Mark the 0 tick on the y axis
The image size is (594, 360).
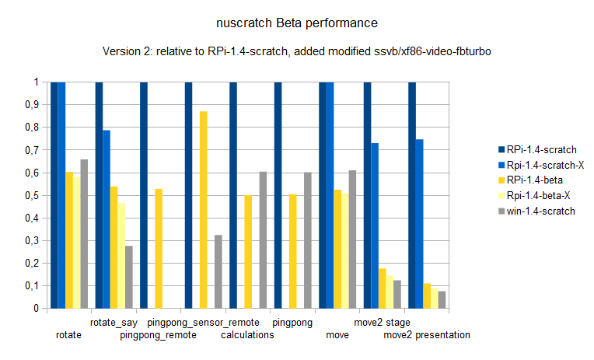(36, 308)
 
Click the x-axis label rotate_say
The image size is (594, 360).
(114, 322)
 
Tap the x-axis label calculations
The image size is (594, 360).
(247, 335)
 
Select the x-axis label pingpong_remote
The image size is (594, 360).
(158, 335)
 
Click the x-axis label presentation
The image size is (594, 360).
(442, 335)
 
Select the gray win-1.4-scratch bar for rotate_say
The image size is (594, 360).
(129, 277)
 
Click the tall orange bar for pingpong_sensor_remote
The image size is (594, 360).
(204, 209)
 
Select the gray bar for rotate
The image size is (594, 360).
(84, 233)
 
